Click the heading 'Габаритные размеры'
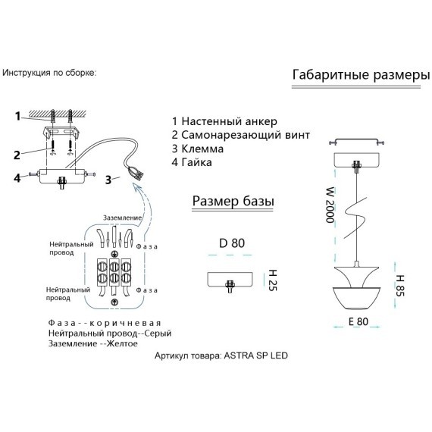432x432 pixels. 361,75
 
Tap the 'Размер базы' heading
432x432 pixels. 233,201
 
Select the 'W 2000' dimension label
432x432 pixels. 330,205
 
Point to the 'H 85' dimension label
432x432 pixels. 399,286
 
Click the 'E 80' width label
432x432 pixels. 358,321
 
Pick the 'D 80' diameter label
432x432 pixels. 232,243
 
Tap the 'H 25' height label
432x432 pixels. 273,280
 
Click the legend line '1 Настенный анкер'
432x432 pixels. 224,121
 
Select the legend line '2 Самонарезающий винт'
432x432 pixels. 241,135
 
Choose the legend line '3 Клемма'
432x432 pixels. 198,149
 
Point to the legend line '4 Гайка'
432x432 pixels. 192,162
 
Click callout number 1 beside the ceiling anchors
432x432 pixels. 17,116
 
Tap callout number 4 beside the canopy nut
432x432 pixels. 17,177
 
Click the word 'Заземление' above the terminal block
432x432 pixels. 122,218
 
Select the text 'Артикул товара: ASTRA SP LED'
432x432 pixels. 221,355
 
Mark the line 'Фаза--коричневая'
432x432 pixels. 104,323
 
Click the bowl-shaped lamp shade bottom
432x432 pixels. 357,298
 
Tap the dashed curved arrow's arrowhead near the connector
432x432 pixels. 137,188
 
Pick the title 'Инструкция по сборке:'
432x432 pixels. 49,73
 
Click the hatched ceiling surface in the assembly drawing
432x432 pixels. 58,113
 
